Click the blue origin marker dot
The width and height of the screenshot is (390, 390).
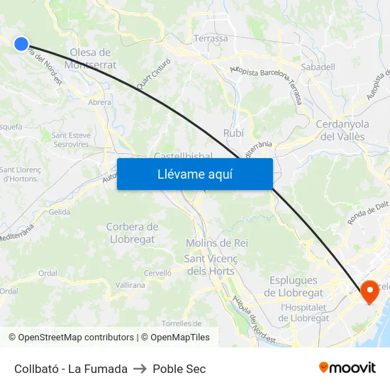click(x=21, y=44)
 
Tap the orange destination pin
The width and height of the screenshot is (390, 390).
click(x=369, y=291)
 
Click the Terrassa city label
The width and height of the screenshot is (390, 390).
click(x=211, y=38)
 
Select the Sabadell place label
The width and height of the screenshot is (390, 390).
click(x=318, y=67)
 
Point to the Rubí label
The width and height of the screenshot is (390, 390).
click(x=233, y=133)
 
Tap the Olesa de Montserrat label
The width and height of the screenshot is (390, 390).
click(x=90, y=58)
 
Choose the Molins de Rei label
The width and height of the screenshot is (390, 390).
click(x=217, y=243)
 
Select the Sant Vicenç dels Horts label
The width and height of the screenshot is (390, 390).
click(x=210, y=264)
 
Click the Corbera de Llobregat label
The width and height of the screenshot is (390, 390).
click(x=132, y=233)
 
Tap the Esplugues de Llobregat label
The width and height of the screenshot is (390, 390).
click(x=294, y=286)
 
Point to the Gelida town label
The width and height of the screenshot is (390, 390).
click(x=60, y=212)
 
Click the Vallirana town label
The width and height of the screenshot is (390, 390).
click(x=130, y=284)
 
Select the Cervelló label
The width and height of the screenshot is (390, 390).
click(x=157, y=272)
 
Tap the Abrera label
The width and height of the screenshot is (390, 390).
click(x=100, y=102)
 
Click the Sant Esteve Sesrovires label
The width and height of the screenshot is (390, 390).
click(x=70, y=139)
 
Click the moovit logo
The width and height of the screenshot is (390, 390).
click(x=347, y=367)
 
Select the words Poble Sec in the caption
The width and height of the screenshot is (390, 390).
click(x=179, y=369)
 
